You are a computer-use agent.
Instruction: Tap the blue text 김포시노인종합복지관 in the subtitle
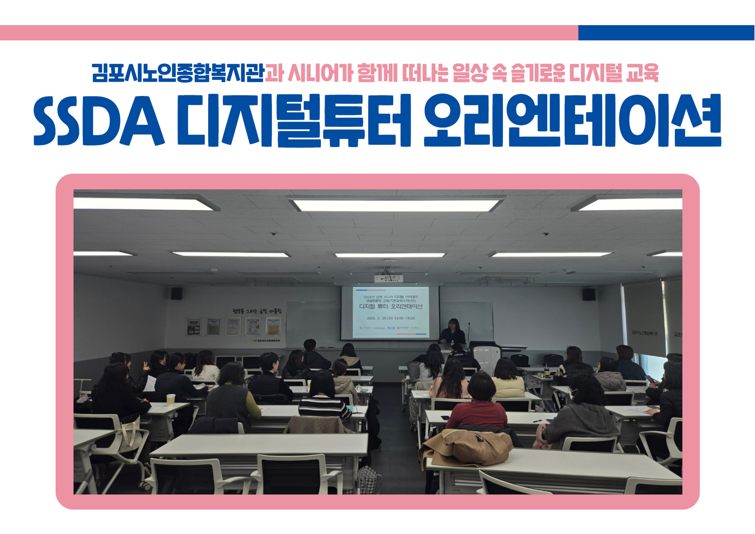[178, 73]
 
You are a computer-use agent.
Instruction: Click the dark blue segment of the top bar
[666, 33]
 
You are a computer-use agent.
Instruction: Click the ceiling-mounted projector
[388, 278]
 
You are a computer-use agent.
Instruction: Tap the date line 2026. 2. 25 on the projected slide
[391, 318]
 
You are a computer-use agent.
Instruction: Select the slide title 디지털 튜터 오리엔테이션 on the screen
[391, 306]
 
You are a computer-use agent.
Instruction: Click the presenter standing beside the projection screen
[453, 332]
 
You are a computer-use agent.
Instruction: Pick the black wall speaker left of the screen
[176, 293]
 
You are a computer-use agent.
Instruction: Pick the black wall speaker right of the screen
[589, 294]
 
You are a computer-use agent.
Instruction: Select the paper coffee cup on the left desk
[170, 399]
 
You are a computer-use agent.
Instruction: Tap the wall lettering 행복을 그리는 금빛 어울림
[257, 311]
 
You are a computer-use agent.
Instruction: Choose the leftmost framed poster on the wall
[194, 326]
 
